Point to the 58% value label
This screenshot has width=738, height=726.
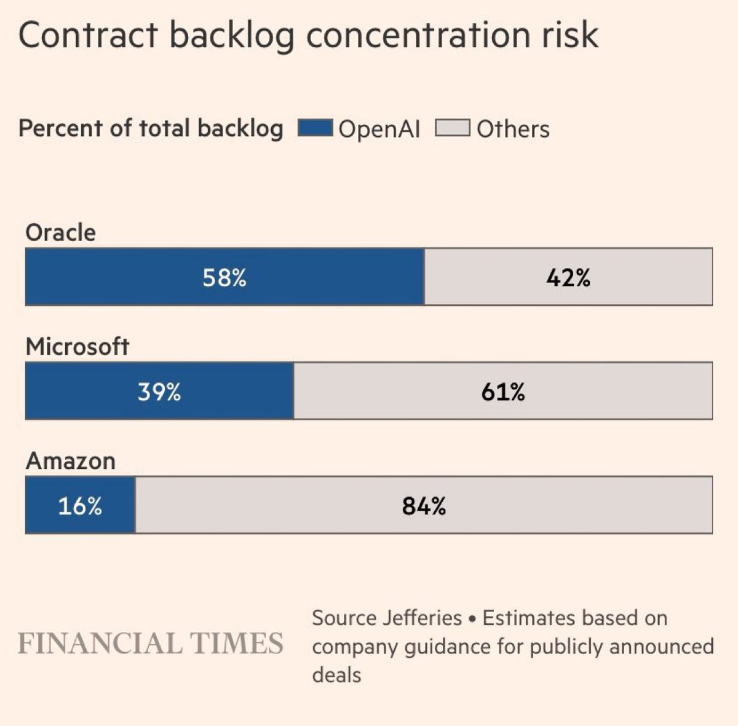click(x=224, y=278)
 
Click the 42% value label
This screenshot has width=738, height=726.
click(x=568, y=278)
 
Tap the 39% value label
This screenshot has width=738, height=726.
click(x=159, y=391)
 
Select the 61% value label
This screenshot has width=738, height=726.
click(x=503, y=391)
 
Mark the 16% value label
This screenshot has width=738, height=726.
click(x=80, y=506)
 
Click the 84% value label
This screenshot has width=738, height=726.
click(x=424, y=506)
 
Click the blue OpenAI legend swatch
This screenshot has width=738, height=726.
click(x=315, y=129)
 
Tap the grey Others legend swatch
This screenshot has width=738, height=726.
click(x=453, y=129)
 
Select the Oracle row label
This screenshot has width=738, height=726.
click(x=60, y=233)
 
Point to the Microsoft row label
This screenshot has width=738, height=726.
click(x=77, y=346)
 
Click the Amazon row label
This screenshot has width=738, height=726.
click(x=70, y=461)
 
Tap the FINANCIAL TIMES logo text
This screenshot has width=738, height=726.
click(x=151, y=643)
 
